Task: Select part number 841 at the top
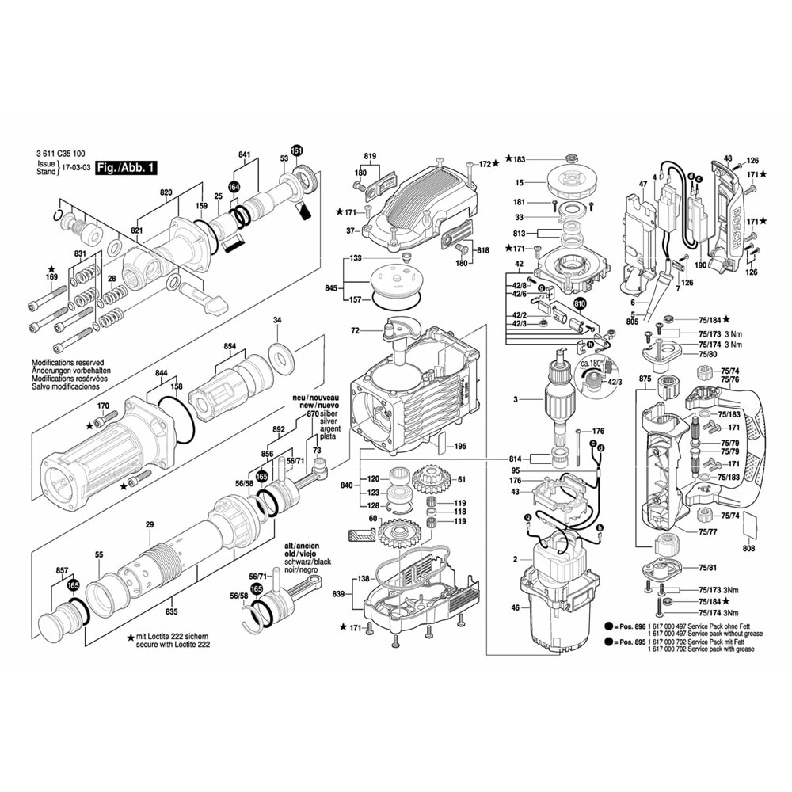click(x=244, y=155)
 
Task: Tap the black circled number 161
click(x=296, y=150)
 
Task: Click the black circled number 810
click(x=581, y=303)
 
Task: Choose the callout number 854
click(x=230, y=346)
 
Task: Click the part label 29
click(x=149, y=524)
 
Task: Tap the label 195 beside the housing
click(x=460, y=447)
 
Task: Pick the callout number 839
click(x=338, y=594)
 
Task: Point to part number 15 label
click(x=519, y=182)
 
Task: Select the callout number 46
click(x=515, y=608)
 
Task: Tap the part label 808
click(x=750, y=547)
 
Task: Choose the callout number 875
click(x=645, y=379)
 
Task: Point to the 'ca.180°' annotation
click(x=592, y=363)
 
